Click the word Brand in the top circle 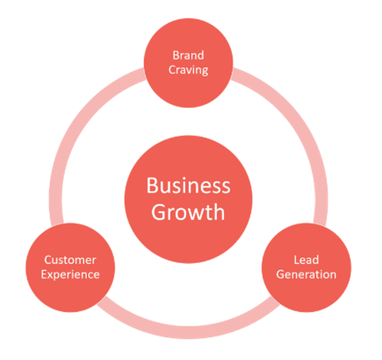pos(189,55)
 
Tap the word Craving pos(189,70)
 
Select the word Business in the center pos(189,185)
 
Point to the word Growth pos(188,212)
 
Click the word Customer pos(70,260)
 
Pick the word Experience pos(70,275)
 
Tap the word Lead pos(306,260)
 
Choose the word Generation pos(306,275)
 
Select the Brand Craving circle pos(189,63)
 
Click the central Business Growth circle pos(189,199)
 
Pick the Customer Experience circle pos(70,267)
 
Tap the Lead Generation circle pos(307,267)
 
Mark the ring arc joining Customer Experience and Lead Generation pos(189,332)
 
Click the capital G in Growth pos(159,212)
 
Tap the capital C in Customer pos(48,260)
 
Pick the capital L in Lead pos(296,260)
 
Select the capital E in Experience pos(44,275)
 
